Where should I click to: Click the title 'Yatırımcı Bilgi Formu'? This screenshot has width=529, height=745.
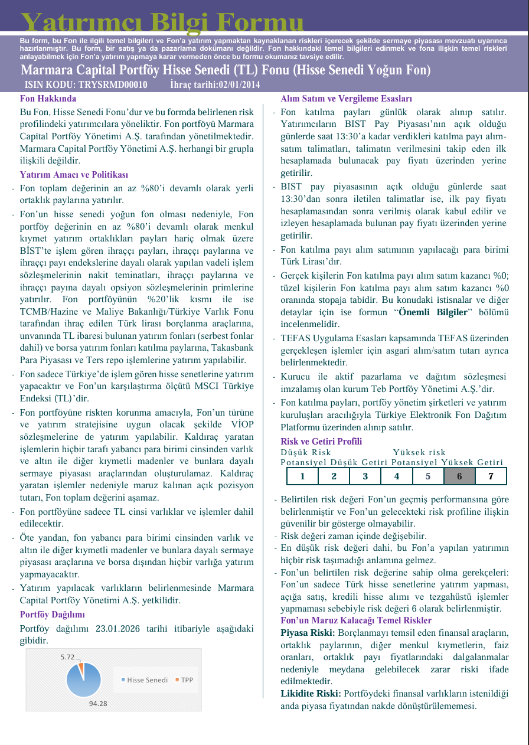[162, 22]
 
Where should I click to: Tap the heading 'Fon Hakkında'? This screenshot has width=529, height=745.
[48, 99]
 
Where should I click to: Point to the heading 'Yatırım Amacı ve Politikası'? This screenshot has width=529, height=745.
[74, 175]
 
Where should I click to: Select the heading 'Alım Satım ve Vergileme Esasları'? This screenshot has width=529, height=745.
[346, 99]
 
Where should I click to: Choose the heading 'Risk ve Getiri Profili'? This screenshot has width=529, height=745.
[321, 442]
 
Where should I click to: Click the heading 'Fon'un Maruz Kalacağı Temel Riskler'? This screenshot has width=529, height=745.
[355, 620]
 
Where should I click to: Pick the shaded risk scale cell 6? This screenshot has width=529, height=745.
[459, 476]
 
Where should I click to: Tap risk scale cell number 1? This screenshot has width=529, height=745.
[302, 476]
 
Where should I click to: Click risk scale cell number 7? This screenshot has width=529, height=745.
[491, 476]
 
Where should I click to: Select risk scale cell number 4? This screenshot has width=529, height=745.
[397, 476]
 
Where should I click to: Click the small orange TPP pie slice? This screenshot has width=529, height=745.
[81, 666]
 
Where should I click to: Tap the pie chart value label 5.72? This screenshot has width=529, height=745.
[68, 656]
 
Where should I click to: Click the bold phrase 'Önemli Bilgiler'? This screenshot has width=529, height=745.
[433, 312]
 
